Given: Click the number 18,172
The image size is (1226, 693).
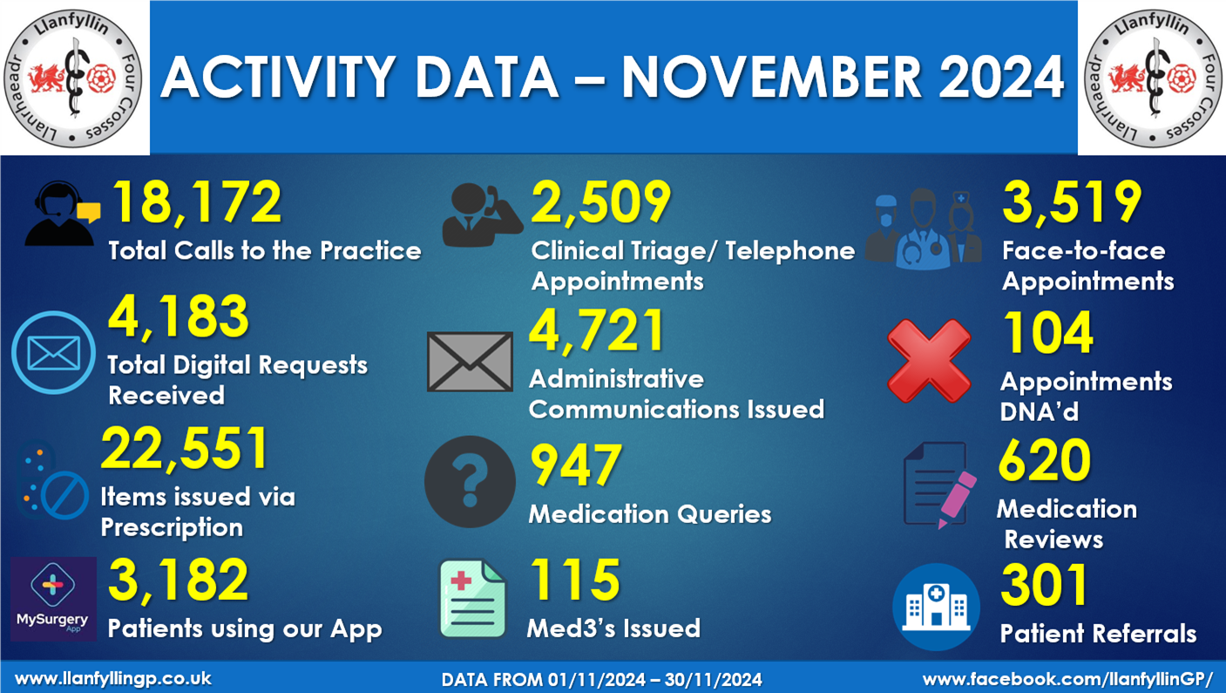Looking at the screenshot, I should (197, 204).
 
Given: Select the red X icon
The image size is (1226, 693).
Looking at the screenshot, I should (929, 360).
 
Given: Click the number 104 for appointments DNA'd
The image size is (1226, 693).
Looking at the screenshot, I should (1047, 334).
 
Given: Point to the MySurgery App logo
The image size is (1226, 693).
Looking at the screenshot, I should (54, 599).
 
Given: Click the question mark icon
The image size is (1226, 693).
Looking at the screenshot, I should (470, 481).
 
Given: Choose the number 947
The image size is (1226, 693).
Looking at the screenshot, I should (576, 466).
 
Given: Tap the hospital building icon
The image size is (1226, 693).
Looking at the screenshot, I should (937, 607).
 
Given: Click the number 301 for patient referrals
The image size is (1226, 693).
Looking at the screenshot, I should (1044, 587).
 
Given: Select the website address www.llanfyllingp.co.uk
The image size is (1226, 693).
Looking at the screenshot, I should (113, 678).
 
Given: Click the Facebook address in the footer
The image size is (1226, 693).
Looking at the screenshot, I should (1067, 678).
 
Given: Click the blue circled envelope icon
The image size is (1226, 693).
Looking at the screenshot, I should (54, 353).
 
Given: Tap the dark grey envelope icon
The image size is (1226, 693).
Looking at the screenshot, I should (470, 361).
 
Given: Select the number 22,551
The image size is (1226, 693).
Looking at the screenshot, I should (185, 450).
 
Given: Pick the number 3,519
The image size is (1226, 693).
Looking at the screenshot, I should (1072, 202).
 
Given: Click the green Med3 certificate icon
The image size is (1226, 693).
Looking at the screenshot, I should (472, 599).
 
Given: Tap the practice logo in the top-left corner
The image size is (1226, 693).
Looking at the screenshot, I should (74, 77).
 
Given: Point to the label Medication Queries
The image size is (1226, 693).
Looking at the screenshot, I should (649, 514).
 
